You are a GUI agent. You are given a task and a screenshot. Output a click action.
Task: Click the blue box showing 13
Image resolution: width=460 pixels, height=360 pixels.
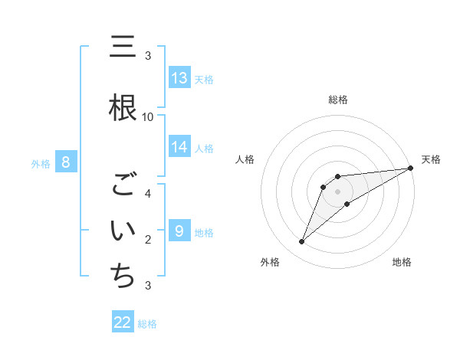click(179, 77)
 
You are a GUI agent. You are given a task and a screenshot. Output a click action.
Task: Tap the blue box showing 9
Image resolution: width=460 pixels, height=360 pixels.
click(179, 231)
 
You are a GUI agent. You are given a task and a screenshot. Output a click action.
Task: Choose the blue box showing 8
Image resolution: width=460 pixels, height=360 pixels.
click(66, 162)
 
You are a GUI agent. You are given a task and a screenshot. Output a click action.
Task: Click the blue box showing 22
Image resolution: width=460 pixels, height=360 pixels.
click(123, 322)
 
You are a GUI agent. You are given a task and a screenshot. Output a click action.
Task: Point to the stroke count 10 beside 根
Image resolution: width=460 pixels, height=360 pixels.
click(148, 116)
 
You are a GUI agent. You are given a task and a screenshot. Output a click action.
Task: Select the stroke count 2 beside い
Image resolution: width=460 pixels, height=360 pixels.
click(148, 239)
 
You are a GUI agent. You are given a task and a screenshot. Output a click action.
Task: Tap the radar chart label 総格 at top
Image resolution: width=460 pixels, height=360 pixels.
click(338, 100)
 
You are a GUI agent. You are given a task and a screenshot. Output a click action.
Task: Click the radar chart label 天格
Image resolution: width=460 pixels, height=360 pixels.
click(431, 159)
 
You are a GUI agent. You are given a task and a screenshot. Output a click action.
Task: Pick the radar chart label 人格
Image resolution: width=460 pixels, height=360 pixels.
click(245, 159)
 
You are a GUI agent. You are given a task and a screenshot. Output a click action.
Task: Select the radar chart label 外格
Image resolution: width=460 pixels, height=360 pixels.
click(270, 262)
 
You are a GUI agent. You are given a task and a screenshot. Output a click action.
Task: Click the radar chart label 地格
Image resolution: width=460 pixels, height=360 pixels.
click(402, 262)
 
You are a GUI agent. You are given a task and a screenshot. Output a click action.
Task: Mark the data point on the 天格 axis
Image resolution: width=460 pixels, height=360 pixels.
click(411, 168)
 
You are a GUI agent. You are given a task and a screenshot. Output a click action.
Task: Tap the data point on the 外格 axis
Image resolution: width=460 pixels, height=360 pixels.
click(301, 242)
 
